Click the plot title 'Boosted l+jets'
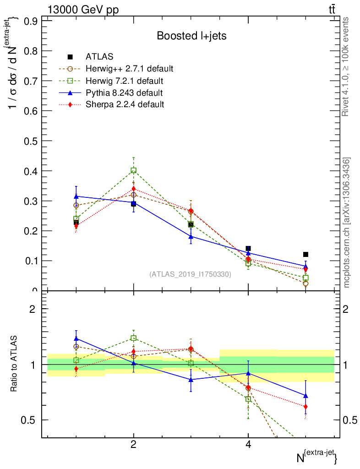(x=191, y=36)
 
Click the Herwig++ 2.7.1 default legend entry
(x=129, y=69)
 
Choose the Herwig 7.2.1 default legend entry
(x=124, y=81)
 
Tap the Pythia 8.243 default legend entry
(x=124, y=93)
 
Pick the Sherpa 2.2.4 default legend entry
(x=125, y=104)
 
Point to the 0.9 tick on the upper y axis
(x=30, y=21)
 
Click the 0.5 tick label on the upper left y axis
(x=30, y=141)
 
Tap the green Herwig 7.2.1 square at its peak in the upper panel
(x=133, y=170)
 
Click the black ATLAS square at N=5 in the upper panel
(x=305, y=254)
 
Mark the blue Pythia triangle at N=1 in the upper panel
(x=76, y=196)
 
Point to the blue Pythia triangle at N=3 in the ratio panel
(x=191, y=380)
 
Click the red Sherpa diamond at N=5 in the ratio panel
(x=305, y=407)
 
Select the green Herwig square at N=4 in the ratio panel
(x=248, y=399)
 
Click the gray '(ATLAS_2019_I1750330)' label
(x=190, y=274)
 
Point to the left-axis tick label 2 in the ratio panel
(x=33, y=309)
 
